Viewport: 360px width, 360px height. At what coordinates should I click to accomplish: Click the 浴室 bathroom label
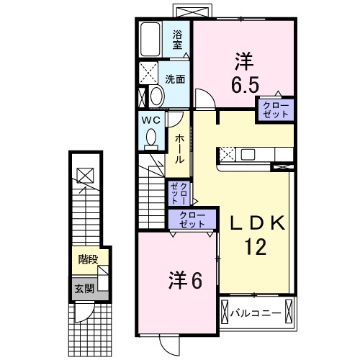(x=177, y=39)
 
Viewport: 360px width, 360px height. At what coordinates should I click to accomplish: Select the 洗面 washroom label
(x=176, y=79)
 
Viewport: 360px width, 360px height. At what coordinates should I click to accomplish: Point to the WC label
(x=150, y=119)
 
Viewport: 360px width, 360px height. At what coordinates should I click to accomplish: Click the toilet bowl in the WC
(x=151, y=136)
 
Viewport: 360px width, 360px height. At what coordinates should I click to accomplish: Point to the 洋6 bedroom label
(x=185, y=279)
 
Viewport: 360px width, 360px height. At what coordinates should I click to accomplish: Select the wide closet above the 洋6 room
(x=191, y=220)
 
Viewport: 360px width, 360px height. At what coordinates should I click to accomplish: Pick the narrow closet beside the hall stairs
(x=177, y=193)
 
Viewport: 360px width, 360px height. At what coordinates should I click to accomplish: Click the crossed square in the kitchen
(x=227, y=154)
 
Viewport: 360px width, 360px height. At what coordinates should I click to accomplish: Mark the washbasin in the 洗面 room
(x=156, y=96)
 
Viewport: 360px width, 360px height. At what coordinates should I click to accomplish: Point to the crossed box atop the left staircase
(x=85, y=174)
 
